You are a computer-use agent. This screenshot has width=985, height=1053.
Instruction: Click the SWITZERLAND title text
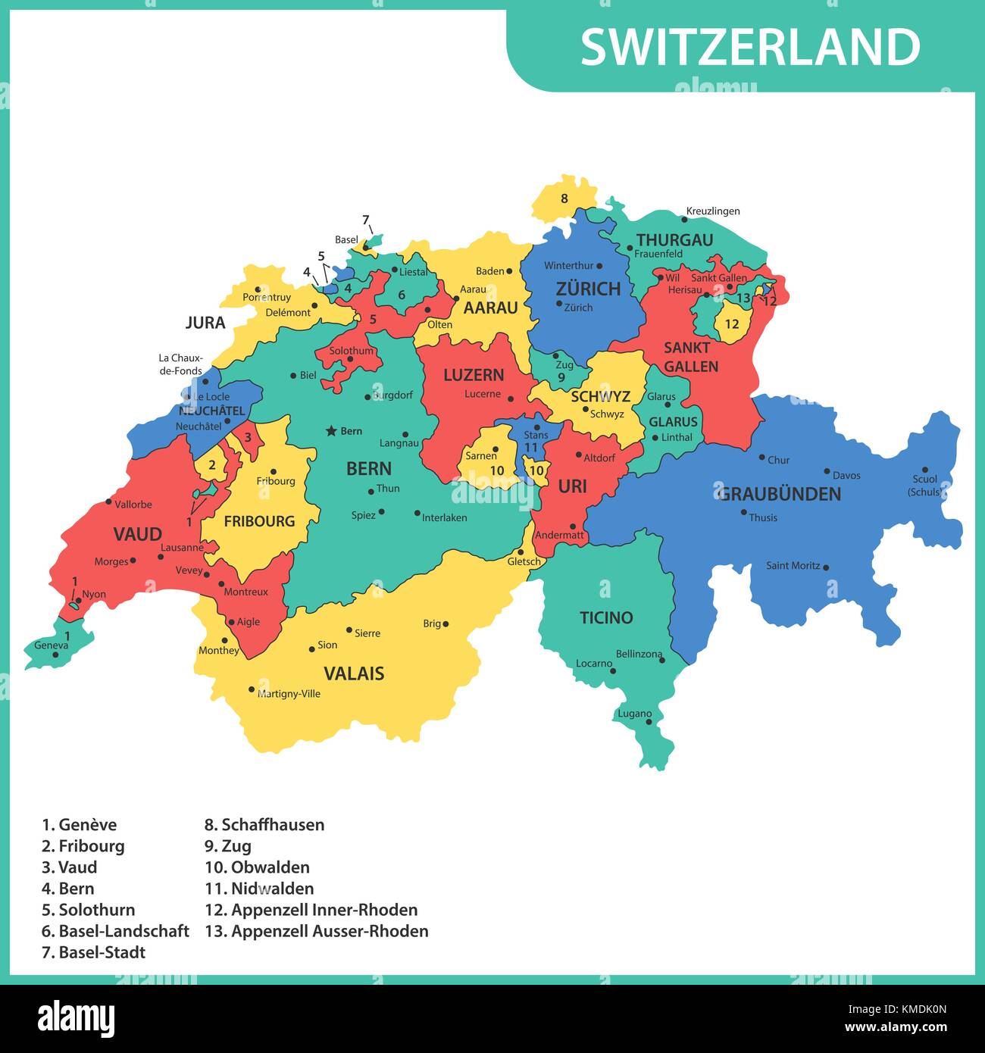(x=750, y=47)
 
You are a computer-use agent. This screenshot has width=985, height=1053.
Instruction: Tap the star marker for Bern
(x=330, y=431)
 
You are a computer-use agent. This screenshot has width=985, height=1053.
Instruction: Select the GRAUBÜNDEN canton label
(x=779, y=494)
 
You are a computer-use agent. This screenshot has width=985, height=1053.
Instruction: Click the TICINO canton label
(x=606, y=617)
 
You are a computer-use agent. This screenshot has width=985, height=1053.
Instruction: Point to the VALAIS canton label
(x=354, y=673)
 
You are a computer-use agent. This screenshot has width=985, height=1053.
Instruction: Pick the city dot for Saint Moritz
(x=826, y=567)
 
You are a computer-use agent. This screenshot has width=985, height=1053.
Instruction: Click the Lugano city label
(x=634, y=714)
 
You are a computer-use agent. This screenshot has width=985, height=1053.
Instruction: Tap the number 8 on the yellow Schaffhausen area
(x=564, y=199)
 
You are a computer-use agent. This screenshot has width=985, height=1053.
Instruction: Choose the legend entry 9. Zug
(x=228, y=846)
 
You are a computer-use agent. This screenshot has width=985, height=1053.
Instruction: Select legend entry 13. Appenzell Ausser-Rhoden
(x=317, y=931)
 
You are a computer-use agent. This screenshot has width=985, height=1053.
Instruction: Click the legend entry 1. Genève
(x=80, y=825)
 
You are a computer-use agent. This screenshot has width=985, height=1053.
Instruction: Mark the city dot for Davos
(x=827, y=471)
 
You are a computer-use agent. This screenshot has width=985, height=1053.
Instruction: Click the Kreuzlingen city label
(x=713, y=211)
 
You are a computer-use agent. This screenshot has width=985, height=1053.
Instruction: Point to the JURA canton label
(x=205, y=323)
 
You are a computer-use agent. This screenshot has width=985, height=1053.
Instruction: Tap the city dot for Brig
(x=446, y=624)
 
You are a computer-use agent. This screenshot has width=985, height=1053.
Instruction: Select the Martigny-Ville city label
(x=289, y=694)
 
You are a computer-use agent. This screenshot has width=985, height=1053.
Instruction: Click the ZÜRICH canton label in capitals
(x=588, y=289)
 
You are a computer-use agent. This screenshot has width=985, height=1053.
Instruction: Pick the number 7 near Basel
(x=365, y=220)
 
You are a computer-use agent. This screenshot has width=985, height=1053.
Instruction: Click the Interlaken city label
(x=444, y=518)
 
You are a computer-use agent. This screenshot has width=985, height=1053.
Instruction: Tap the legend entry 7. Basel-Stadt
(x=94, y=952)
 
